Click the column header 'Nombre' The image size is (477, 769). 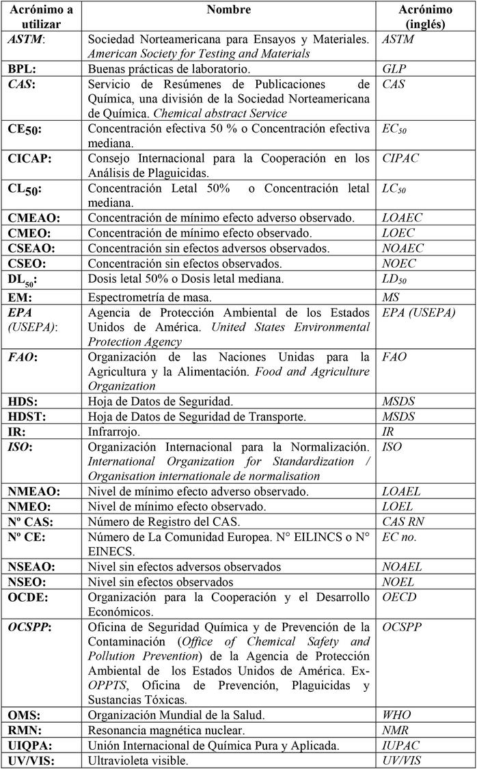[x=229, y=10]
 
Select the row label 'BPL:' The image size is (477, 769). [x=23, y=69]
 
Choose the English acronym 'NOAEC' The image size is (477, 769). [x=403, y=248]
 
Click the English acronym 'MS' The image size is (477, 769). [x=391, y=298]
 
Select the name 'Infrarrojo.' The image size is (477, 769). [x=113, y=432]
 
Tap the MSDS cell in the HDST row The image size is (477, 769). [x=398, y=417]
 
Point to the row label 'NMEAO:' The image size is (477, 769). [x=33, y=492]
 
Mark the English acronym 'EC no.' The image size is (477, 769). [x=399, y=537]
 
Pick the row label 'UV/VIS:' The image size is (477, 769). [x=31, y=760]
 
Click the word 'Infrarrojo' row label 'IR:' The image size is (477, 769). [x=17, y=432]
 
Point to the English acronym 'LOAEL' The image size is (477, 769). [x=402, y=492]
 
